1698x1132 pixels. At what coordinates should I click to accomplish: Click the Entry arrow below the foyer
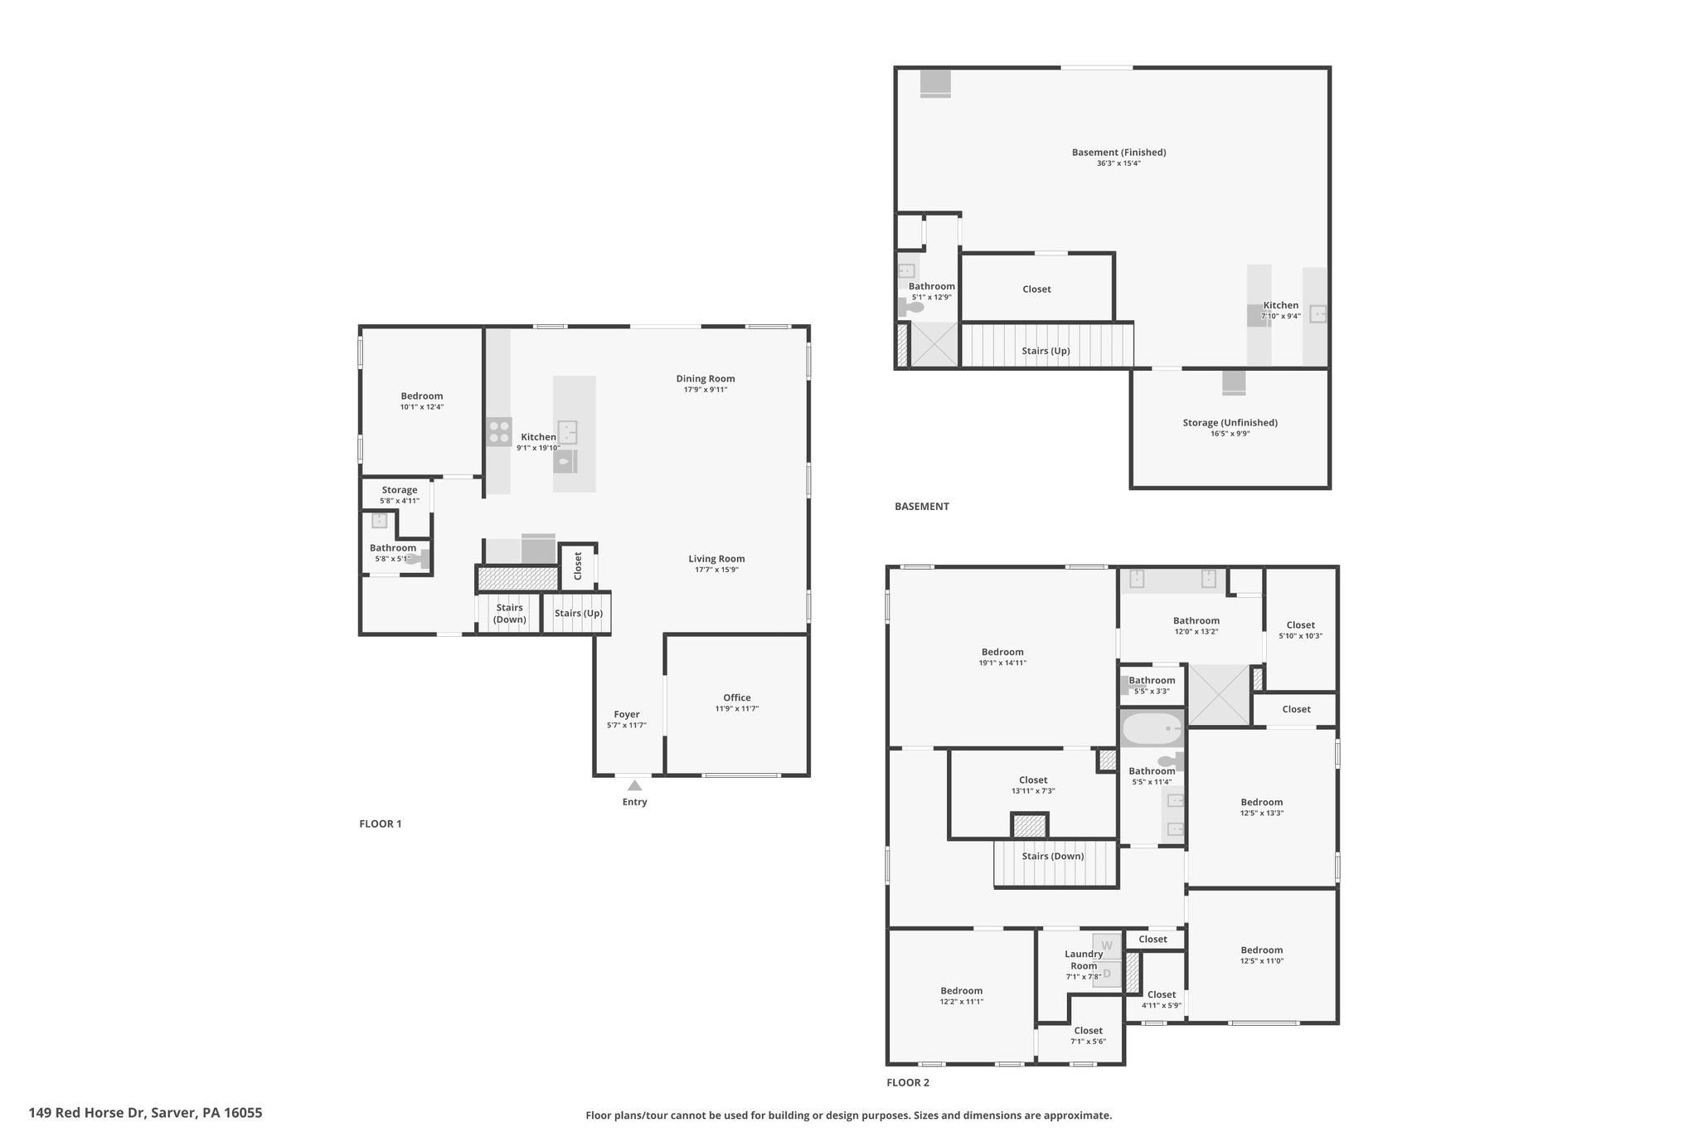634,785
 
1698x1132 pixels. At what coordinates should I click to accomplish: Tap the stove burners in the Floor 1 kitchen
499,431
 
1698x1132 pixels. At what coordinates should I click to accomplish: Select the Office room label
736,697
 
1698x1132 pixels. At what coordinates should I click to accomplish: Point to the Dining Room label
706,379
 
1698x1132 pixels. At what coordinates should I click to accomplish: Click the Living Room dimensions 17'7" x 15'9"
716,570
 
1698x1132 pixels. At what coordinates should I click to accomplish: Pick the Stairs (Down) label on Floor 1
509,614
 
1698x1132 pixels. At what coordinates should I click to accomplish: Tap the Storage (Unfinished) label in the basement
1230,423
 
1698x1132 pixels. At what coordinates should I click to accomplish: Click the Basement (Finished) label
1118,153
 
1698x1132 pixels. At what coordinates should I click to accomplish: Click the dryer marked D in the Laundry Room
1106,974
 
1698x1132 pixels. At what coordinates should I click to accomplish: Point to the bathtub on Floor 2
1152,730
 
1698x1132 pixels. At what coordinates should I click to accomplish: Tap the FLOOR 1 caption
381,823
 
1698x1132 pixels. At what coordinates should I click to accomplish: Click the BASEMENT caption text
922,506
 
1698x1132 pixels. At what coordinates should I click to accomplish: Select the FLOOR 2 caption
908,1082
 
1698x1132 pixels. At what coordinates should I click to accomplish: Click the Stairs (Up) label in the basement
1045,351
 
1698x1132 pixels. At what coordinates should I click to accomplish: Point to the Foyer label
627,714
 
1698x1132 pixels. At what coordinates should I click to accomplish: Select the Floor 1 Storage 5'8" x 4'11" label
400,495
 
